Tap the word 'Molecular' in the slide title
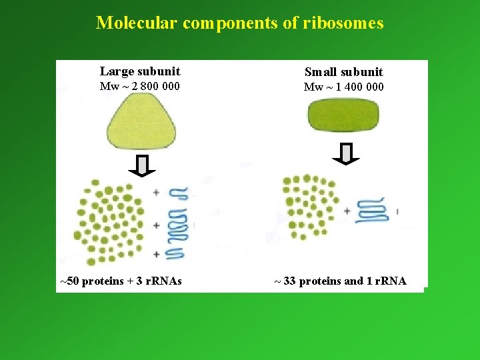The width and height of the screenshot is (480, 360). click(137, 23)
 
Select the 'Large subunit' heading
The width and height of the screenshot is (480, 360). click(140, 71)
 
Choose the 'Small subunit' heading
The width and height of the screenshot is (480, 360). click(343, 72)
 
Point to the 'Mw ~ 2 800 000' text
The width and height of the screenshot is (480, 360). click(139, 86)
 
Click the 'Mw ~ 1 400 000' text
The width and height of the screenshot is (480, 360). click(343, 87)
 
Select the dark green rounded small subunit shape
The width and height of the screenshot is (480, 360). click(343, 118)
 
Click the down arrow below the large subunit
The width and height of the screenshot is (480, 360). click(142, 165)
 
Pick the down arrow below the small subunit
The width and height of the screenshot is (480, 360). click(345, 153)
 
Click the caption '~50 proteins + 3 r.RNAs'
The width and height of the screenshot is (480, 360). click(121, 281)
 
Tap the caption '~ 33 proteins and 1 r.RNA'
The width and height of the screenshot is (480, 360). click(341, 281)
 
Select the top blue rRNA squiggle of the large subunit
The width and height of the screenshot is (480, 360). click(179, 193)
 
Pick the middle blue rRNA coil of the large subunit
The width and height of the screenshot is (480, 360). click(178, 225)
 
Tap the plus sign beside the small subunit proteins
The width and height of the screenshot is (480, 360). click(347, 211)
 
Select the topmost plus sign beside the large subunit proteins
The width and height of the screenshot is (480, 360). click(156, 193)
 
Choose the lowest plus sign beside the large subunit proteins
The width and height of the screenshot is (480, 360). click(156, 253)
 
